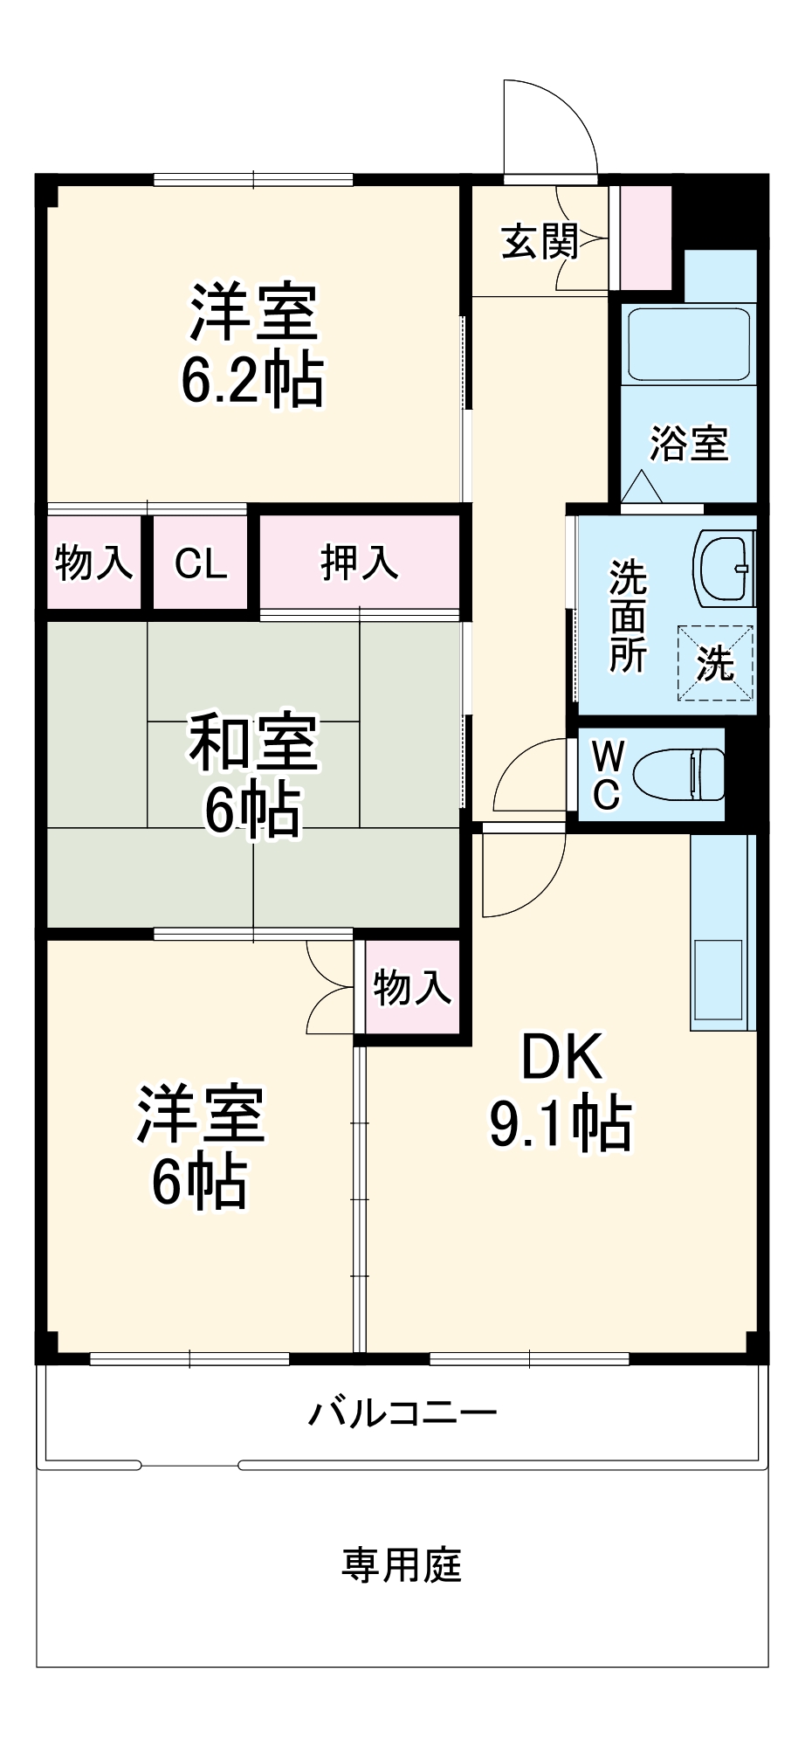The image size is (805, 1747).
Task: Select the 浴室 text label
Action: [x=688, y=444]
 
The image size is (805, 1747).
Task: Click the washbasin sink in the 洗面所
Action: [x=723, y=569]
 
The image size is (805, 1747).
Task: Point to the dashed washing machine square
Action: [x=716, y=663]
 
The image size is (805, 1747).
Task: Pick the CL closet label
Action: [x=201, y=564]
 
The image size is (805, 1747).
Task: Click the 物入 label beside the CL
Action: [x=93, y=563]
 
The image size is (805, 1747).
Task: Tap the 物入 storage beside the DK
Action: [x=412, y=988]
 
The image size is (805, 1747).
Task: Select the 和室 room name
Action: [x=253, y=743]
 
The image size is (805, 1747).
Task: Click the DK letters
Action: [x=561, y=1057]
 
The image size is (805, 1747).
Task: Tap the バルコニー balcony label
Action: [x=402, y=1412]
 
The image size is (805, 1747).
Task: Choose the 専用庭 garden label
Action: [x=402, y=1565]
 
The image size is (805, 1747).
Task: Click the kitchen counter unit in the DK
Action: [x=722, y=933]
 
